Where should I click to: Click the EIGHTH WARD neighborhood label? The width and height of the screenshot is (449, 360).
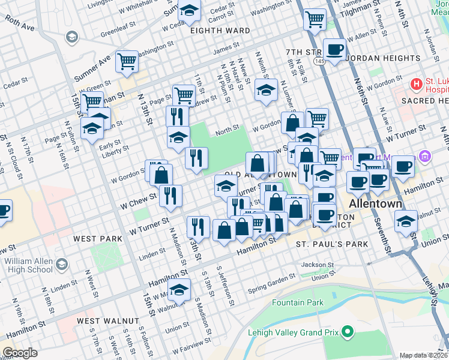coord(220,31)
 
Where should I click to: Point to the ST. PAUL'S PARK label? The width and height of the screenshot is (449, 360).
coord(332,245)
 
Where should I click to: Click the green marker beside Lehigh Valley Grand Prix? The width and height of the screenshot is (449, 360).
coord(347,331)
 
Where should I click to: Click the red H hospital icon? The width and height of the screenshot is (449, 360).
coord(415,83)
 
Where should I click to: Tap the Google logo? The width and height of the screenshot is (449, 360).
coord(20,353)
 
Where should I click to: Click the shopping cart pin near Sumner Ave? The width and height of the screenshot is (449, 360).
coord(127,61)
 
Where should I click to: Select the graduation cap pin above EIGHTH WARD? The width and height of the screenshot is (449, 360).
coord(189,10)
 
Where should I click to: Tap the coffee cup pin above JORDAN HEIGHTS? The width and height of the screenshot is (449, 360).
coord(334,49)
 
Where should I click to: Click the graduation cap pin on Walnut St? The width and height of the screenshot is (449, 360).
coord(179,290)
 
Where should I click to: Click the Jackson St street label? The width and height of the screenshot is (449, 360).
coord(318,265)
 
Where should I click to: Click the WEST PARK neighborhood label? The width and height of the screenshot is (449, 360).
coord(97,239)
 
